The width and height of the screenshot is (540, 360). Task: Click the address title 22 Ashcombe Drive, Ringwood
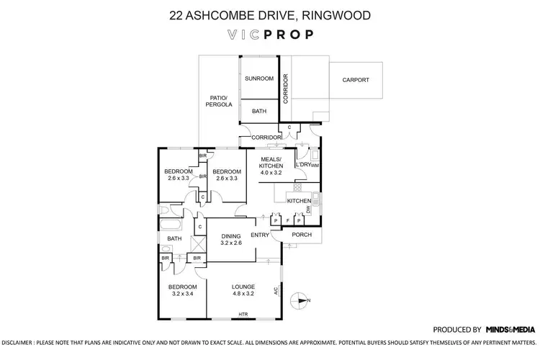[x=270, y=14]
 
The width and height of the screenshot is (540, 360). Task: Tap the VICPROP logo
[x=270, y=34]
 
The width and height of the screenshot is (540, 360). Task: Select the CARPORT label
[x=356, y=80]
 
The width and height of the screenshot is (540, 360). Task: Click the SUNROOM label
[x=258, y=78]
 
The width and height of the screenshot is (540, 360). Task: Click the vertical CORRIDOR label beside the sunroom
[x=286, y=89]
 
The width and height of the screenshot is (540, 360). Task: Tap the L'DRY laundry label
[x=303, y=165]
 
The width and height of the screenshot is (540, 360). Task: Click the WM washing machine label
[x=315, y=166]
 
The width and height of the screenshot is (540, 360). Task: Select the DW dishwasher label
[x=308, y=210]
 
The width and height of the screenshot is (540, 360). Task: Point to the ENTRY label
[x=260, y=235]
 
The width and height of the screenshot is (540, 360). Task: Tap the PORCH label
[x=302, y=235]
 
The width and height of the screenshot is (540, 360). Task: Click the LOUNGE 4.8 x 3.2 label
[x=243, y=290]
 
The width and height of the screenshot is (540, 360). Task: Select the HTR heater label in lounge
[x=243, y=314]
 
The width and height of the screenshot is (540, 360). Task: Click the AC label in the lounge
[x=276, y=291]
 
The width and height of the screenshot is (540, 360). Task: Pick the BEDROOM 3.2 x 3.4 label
[x=182, y=290]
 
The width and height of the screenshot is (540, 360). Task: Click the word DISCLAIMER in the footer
[x=22, y=343]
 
